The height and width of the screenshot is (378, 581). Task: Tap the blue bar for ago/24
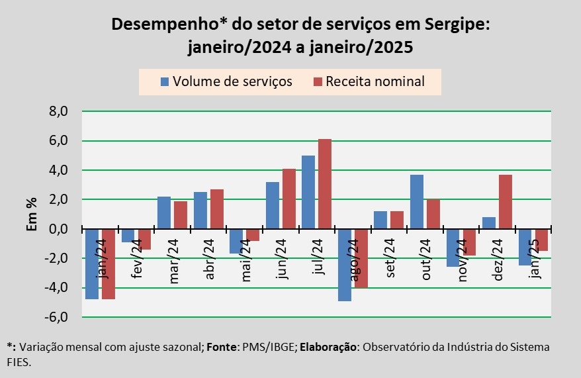[x=345, y=265]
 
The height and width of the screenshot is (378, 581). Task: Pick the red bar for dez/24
[x=505, y=202]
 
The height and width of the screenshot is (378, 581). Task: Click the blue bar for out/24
[x=417, y=202]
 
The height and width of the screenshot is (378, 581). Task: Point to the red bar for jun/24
[x=289, y=199]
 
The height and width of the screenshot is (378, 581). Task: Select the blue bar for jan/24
[x=92, y=264]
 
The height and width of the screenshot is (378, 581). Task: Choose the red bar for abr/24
[x=217, y=209]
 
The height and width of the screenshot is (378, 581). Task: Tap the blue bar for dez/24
[x=489, y=223]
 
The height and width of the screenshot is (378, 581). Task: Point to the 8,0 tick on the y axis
[x=58, y=112]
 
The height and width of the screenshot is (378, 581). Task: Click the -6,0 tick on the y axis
[x=56, y=318]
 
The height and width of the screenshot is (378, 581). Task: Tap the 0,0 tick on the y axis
[x=58, y=229]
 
